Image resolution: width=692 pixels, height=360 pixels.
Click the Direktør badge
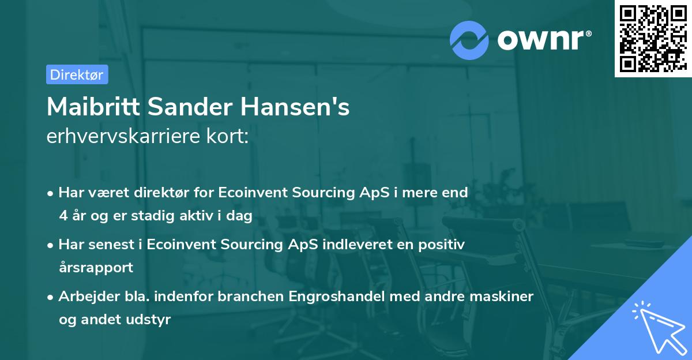click(77, 74)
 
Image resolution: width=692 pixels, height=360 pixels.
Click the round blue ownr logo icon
click(469, 40)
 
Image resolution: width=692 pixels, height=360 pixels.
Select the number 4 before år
click(63, 216)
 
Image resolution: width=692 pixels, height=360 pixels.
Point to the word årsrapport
click(96, 268)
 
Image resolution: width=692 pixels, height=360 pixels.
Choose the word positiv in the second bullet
click(445, 245)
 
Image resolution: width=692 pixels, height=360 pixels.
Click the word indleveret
click(352, 245)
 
